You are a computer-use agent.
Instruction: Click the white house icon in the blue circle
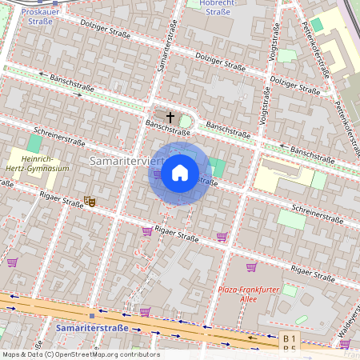point(180,173)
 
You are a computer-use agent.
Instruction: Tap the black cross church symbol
point(170,117)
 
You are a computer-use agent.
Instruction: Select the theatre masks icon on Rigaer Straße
point(90,202)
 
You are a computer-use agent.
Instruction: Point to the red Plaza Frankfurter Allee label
point(250,294)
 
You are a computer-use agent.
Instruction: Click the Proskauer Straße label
point(37,17)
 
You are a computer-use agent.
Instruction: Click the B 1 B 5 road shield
point(289,343)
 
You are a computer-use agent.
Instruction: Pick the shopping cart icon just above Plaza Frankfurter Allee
point(251,267)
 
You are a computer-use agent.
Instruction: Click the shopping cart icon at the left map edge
point(12,262)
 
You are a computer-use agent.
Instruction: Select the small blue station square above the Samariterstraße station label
point(92,315)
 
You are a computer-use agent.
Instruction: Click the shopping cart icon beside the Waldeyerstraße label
point(346,343)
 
